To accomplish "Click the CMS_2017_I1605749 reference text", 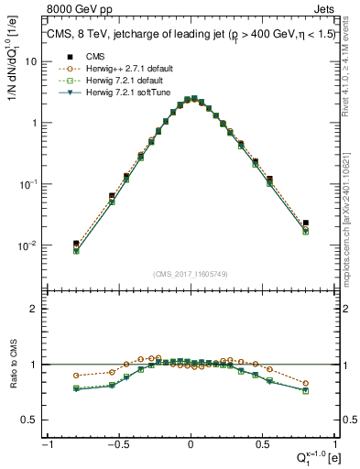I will (x=191, y=274).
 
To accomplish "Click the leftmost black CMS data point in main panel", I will (x=76, y=244).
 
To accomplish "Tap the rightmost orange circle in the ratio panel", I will (x=305, y=383).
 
